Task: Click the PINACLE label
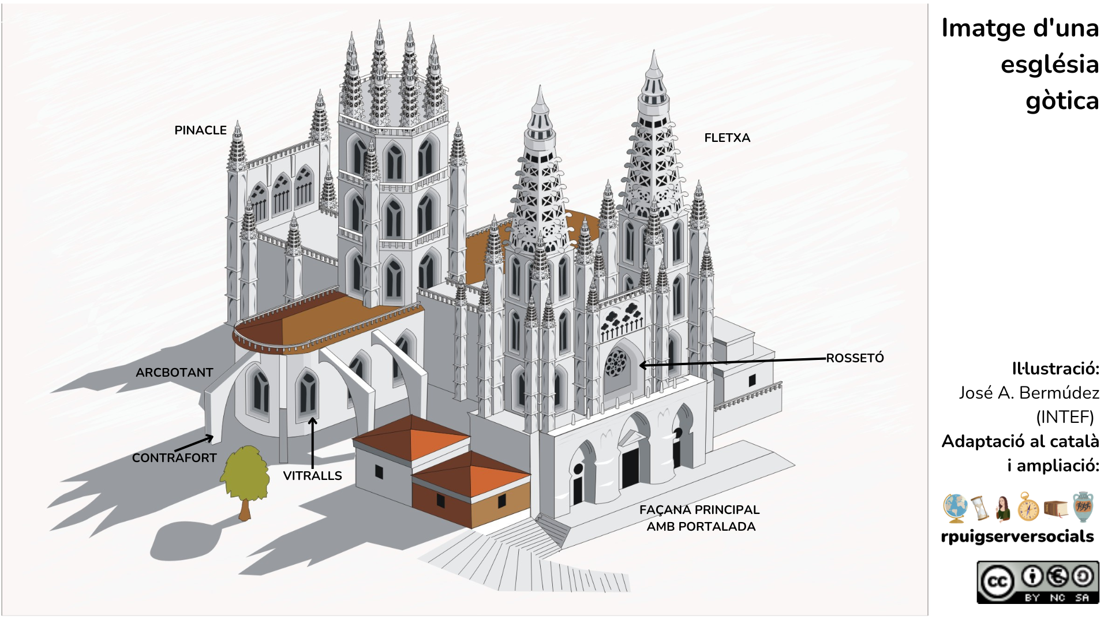200,130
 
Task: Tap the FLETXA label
727,138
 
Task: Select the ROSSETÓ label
855,358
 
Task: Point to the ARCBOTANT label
174,373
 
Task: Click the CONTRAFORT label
174,458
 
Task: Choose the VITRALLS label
312,476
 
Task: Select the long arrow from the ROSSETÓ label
733,362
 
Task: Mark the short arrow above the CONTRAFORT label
194,444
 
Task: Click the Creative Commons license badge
1038,582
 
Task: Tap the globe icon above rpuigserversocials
955,508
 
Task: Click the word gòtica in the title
1062,101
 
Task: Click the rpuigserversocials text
1017,536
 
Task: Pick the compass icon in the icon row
1028,507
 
